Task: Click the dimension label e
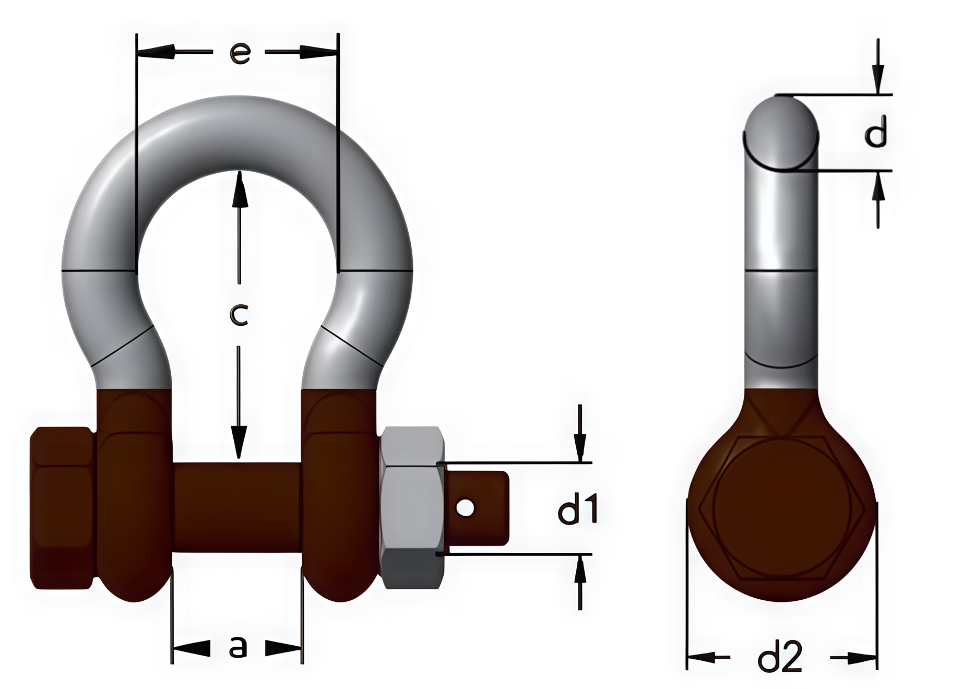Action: [x=240, y=53]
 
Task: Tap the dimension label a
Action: [x=237, y=648]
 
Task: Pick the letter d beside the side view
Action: [x=875, y=132]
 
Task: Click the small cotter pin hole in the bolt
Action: [x=465, y=507]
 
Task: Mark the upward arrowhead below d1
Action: [x=579, y=569]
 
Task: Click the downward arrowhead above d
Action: [x=878, y=79]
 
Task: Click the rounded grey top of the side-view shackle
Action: [x=780, y=133]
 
